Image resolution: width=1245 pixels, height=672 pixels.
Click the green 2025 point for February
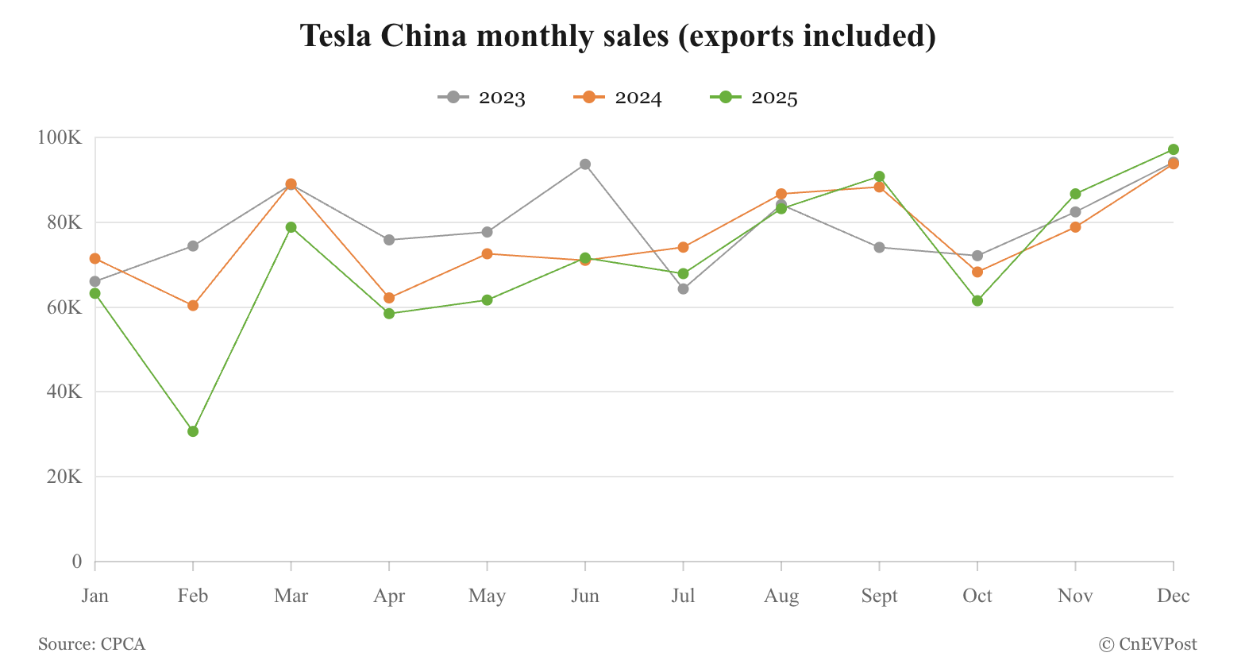[x=193, y=431]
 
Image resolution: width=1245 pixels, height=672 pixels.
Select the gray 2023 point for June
[x=585, y=164]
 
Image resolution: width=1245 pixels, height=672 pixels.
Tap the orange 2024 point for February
[x=193, y=306]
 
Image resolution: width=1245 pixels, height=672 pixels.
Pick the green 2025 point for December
[x=1174, y=149]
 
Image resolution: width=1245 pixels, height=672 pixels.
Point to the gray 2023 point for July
[x=684, y=289]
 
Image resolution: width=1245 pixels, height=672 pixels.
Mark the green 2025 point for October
[x=977, y=301]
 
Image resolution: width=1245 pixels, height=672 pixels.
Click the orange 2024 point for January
[x=95, y=258]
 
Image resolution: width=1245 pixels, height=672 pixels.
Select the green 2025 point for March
[x=291, y=227]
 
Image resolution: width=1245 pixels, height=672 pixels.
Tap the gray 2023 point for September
[x=880, y=247]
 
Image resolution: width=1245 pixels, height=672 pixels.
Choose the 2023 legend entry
[x=482, y=98]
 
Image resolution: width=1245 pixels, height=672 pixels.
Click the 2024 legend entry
[x=619, y=98]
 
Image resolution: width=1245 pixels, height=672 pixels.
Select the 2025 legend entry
[x=754, y=98]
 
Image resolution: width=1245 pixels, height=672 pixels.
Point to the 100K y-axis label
[x=60, y=138]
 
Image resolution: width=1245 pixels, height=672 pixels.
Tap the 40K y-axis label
[x=64, y=392]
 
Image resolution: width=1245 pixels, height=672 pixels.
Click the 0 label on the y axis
[x=77, y=562]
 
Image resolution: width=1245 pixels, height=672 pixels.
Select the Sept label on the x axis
[x=880, y=596]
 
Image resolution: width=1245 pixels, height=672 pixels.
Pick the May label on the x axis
[x=487, y=596]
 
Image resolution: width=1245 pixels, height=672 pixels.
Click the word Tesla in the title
[x=336, y=37]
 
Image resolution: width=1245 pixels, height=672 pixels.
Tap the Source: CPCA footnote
[x=92, y=644]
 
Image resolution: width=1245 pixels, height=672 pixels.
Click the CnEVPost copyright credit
[x=1148, y=644]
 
